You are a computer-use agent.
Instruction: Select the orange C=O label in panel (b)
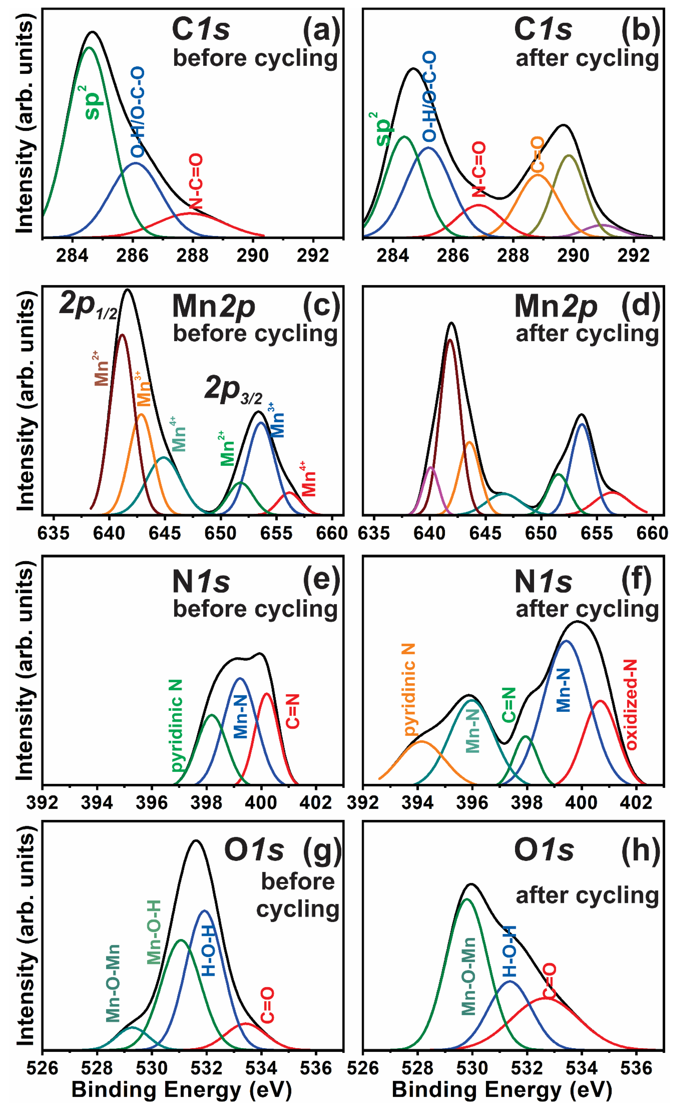click(x=537, y=155)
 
